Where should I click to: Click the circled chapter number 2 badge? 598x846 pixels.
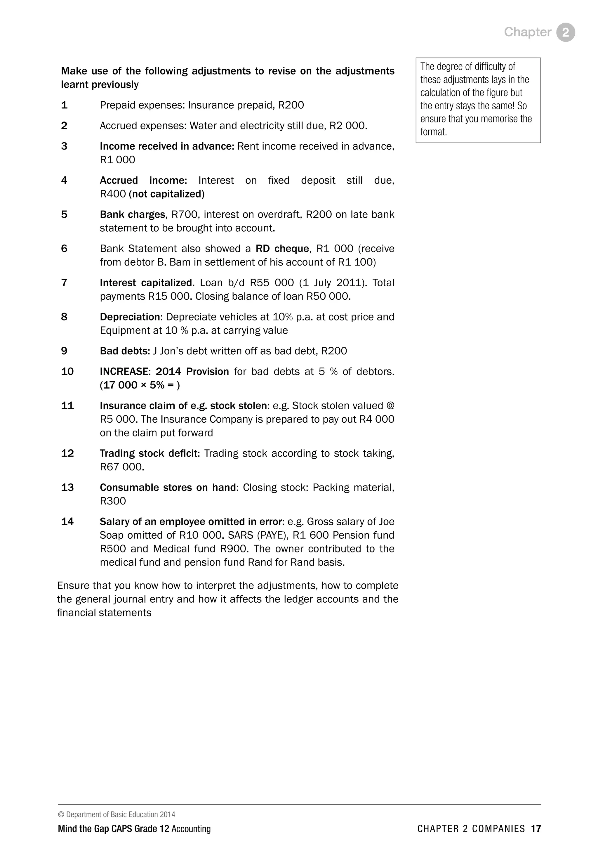[x=566, y=32]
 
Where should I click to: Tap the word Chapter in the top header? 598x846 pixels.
[x=527, y=32]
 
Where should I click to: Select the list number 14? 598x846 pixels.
[x=67, y=521]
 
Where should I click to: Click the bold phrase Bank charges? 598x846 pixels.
[x=133, y=214]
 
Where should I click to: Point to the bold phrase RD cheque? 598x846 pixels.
[x=282, y=249]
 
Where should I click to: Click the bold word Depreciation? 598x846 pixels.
[x=131, y=317]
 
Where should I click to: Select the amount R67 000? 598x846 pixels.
[x=121, y=467]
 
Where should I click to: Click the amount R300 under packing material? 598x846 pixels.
[x=113, y=501]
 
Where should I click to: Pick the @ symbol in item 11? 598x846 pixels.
[x=390, y=406]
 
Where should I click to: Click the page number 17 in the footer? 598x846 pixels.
[x=536, y=829]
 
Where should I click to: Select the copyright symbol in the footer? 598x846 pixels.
[x=61, y=815]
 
